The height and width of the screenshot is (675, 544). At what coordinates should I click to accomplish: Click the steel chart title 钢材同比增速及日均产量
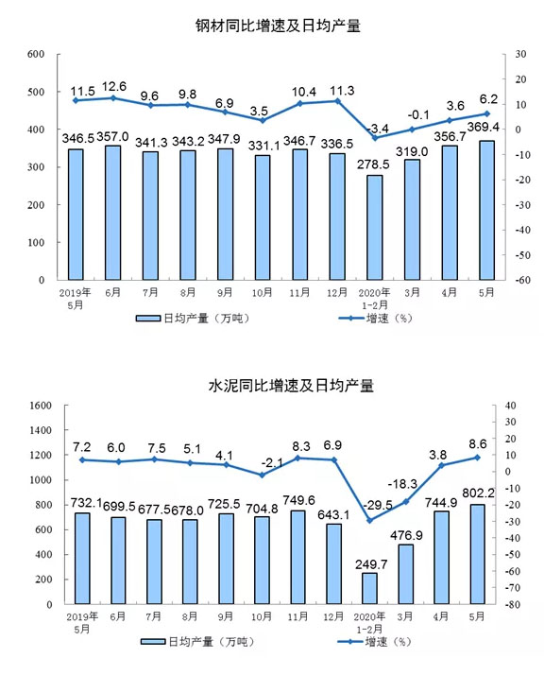pyautogui.click(x=278, y=26)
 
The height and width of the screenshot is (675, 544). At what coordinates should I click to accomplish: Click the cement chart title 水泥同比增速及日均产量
pyautogui.click(x=291, y=386)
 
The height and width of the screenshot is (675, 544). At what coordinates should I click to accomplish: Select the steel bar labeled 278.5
pyautogui.click(x=375, y=227)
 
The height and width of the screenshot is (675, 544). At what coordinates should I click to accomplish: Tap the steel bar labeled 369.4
pyautogui.click(x=486, y=210)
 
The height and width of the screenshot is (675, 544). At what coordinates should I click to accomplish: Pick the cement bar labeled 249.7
pyautogui.click(x=369, y=588)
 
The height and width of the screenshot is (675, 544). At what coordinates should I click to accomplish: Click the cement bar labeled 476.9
pyautogui.click(x=405, y=574)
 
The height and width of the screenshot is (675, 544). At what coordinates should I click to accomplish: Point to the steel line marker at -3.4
pyautogui.click(x=375, y=138)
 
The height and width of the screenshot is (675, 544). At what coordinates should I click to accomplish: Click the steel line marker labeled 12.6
pyautogui.click(x=113, y=98)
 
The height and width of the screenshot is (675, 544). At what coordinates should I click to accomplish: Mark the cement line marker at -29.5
pyautogui.click(x=369, y=521)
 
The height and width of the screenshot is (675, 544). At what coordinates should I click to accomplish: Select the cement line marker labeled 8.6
pyautogui.click(x=477, y=458)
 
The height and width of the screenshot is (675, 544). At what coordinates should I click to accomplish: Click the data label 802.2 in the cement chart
pyautogui.click(x=478, y=493)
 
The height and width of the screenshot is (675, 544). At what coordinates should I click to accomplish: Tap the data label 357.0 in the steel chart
pyautogui.click(x=112, y=137)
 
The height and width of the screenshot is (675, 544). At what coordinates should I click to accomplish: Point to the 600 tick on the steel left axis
pyautogui.click(x=36, y=54)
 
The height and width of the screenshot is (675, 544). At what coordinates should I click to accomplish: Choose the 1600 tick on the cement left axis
pyautogui.click(x=41, y=406)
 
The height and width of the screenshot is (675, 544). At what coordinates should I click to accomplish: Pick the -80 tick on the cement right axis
pyautogui.click(x=510, y=604)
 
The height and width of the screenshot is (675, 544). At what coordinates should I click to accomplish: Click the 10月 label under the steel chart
pyautogui.click(x=263, y=293)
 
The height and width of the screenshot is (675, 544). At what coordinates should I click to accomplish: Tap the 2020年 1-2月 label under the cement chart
pyautogui.click(x=369, y=623)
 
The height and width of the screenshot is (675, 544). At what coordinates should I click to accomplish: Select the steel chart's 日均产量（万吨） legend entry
pyautogui.click(x=193, y=319)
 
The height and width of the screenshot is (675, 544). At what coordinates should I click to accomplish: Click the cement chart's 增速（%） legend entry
pyautogui.click(x=375, y=642)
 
